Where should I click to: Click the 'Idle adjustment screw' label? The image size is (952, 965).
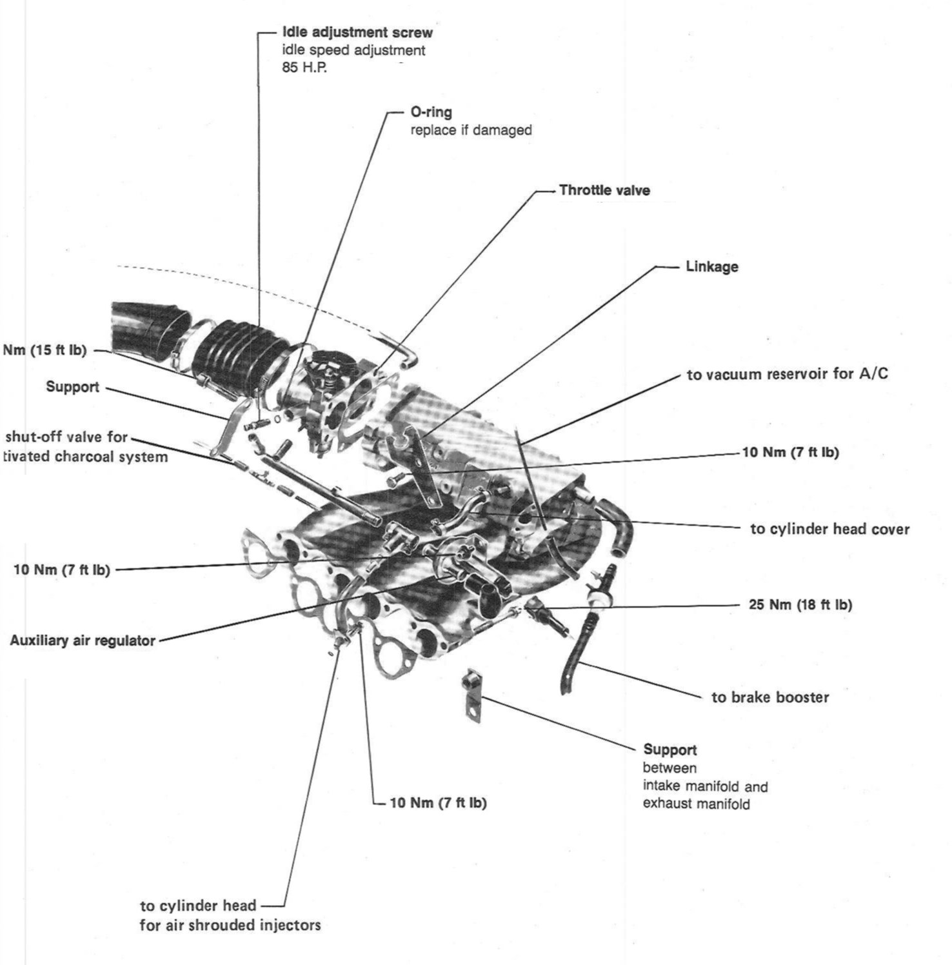point(357,32)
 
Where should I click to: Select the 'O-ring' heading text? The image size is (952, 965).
point(431,112)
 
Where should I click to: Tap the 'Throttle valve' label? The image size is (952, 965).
point(604,190)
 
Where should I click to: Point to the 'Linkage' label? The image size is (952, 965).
point(711,266)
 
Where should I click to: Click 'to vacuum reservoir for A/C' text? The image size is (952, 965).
point(787,374)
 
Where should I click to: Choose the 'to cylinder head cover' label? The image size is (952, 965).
point(829,530)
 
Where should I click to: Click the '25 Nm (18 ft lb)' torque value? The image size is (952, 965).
point(800,604)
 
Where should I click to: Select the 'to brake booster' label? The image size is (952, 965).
point(770,697)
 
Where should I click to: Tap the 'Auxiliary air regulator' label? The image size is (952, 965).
point(83,641)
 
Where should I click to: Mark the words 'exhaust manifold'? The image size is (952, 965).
point(696,804)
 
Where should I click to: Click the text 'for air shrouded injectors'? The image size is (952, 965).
point(230,925)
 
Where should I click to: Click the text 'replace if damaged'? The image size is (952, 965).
point(471,130)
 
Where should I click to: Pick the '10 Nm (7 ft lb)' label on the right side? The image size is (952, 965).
point(790,452)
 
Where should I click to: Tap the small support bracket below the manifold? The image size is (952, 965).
point(472,697)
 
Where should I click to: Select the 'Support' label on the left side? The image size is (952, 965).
point(72,387)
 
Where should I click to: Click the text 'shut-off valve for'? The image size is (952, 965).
point(66,437)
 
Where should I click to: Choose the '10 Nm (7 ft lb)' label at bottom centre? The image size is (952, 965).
point(438,803)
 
